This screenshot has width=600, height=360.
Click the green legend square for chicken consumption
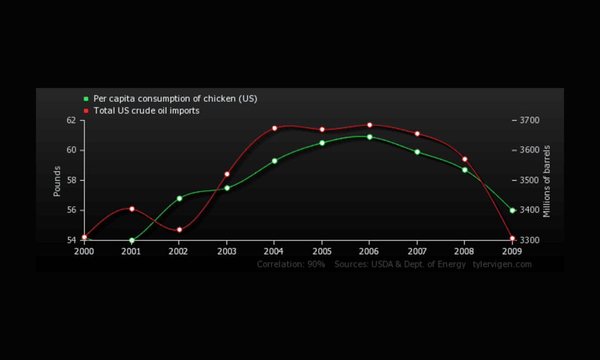point(86,99)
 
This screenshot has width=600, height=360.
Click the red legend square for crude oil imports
point(86,111)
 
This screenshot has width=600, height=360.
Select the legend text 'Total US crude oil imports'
point(146,111)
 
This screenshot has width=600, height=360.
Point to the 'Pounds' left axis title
point(57,181)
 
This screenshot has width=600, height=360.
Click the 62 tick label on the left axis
point(71,120)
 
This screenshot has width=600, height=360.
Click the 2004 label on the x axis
point(274,251)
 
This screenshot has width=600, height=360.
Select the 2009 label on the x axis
point(512,251)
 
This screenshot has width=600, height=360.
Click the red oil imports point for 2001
point(132,209)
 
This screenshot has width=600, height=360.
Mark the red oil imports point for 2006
point(370,125)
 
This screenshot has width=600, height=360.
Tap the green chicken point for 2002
point(179,198)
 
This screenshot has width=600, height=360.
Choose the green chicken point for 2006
point(370,137)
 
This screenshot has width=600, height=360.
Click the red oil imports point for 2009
point(512,239)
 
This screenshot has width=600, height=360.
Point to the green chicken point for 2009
point(512,210)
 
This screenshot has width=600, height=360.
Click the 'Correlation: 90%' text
point(291,264)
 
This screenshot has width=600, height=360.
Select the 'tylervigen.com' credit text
point(502,264)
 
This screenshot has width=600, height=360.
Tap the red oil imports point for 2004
point(274,128)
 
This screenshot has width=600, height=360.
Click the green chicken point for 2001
point(132,240)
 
